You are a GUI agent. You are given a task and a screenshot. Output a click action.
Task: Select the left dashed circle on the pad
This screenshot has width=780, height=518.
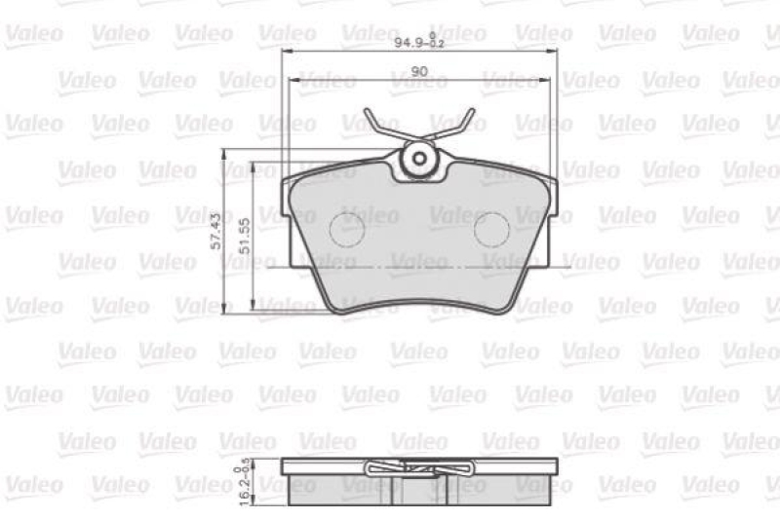[347, 230]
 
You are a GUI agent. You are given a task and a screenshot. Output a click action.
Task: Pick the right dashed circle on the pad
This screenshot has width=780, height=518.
[491, 230]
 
